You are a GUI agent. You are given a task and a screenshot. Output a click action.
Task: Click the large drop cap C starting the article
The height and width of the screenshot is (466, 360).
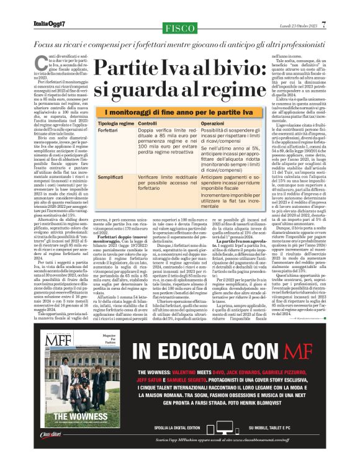click(36, 61)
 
